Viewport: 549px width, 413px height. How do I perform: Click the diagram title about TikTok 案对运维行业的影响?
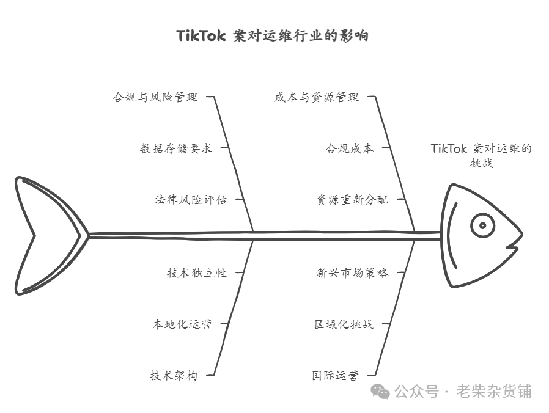tap(272, 35)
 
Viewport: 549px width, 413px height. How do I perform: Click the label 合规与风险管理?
tap(155, 97)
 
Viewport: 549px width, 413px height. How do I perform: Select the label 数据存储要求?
tap(176, 148)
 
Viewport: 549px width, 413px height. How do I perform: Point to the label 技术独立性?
tap(197, 273)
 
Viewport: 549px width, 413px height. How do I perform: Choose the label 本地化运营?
tap(182, 324)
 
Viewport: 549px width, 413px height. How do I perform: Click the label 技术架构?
tap(174, 376)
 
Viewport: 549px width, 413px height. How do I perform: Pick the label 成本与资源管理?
tap(317, 97)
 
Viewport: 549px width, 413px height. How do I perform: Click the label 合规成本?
tap(349, 148)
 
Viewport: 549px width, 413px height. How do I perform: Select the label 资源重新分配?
tap(352, 200)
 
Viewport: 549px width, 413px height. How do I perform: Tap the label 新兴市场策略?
tap(352, 273)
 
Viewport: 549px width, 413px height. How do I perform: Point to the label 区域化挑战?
tap(344, 324)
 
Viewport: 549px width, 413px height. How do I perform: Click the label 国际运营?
tap(335, 376)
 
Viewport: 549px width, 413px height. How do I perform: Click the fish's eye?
tap(482, 225)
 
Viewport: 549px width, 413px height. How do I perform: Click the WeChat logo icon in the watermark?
tap(381, 392)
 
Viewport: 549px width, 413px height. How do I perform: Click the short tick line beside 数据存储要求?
tap(224, 148)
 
